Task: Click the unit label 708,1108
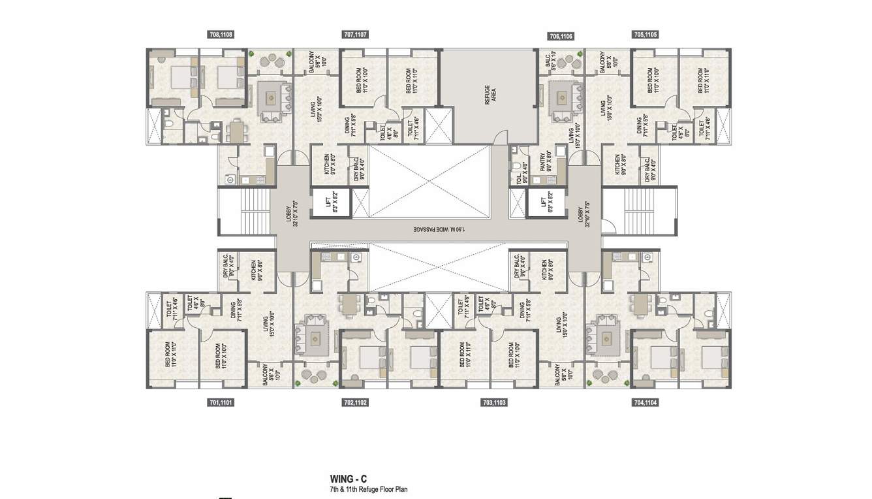click(x=221, y=35)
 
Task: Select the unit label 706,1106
click(x=561, y=37)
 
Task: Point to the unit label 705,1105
click(x=645, y=35)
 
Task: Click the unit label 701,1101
click(x=221, y=403)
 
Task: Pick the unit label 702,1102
click(x=355, y=403)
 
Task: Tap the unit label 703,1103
click(x=493, y=403)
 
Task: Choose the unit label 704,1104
click(x=645, y=403)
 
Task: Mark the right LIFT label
click(x=543, y=203)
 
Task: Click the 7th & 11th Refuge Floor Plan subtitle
click(x=369, y=489)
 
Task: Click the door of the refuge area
click(x=500, y=138)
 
